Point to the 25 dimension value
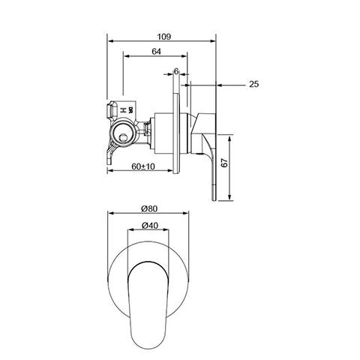pos(253,85)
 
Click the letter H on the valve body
pos(123,109)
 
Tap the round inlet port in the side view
pos(121,135)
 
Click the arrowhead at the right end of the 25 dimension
pos(220,85)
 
